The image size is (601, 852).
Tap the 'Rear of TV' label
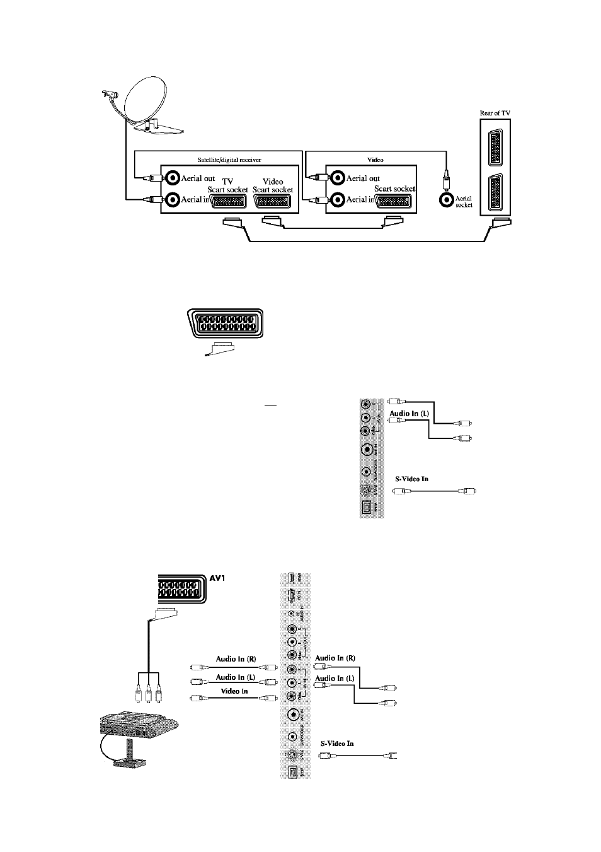click(495, 113)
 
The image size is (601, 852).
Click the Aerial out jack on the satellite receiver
click(172, 178)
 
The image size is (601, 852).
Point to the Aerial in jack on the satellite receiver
click(172, 200)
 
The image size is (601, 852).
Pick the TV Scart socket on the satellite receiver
click(226, 201)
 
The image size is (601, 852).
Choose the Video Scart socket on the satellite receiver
click(273, 201)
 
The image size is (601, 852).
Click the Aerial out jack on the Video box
click(337, 178)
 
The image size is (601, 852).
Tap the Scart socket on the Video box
click(394, 201)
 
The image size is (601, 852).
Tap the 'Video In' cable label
click(234, 691)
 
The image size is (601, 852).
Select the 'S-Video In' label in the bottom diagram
click(337, 744)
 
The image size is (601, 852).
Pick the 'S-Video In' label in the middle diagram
click(411, 479)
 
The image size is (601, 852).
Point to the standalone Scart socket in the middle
click(225, 324)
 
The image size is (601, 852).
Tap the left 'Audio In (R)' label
click(236, 658)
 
